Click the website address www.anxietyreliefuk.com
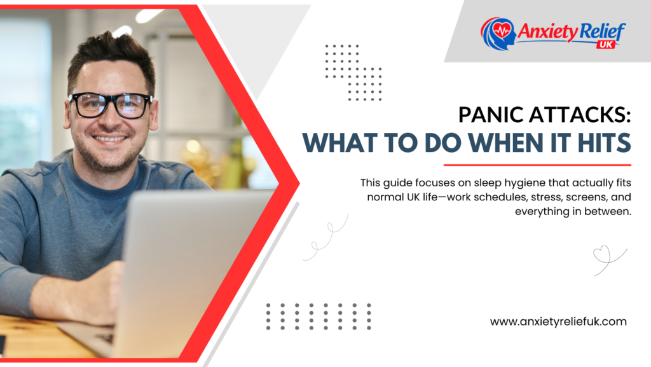558,322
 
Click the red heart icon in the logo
502,30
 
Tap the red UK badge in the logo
606,45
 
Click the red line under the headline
537,165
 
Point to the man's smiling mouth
109,138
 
